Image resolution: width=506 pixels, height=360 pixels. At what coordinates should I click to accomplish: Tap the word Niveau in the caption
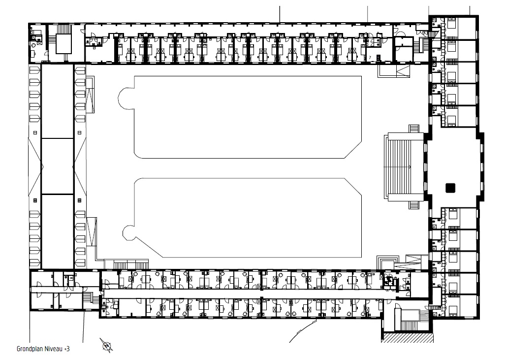[54, 349]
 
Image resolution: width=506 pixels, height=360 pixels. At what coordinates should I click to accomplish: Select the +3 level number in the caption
[67, 349]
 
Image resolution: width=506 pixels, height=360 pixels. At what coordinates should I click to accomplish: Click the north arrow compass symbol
[107, 345]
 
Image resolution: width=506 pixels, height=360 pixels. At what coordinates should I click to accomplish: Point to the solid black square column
[450, 188]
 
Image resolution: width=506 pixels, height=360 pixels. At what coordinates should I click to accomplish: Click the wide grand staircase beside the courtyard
[404, 166]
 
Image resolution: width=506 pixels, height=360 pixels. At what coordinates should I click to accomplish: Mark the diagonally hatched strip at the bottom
[407, 337]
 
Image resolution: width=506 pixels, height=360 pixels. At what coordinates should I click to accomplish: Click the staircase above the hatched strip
[410, 320]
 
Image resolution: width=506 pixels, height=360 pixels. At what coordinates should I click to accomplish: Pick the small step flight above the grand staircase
[413, 128]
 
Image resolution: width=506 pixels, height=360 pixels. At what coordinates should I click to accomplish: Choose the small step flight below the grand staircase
[413, 205]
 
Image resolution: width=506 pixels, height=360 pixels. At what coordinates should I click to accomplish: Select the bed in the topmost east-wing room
[451, 24]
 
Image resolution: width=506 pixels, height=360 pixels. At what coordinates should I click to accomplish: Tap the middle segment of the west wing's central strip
[58, 166]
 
